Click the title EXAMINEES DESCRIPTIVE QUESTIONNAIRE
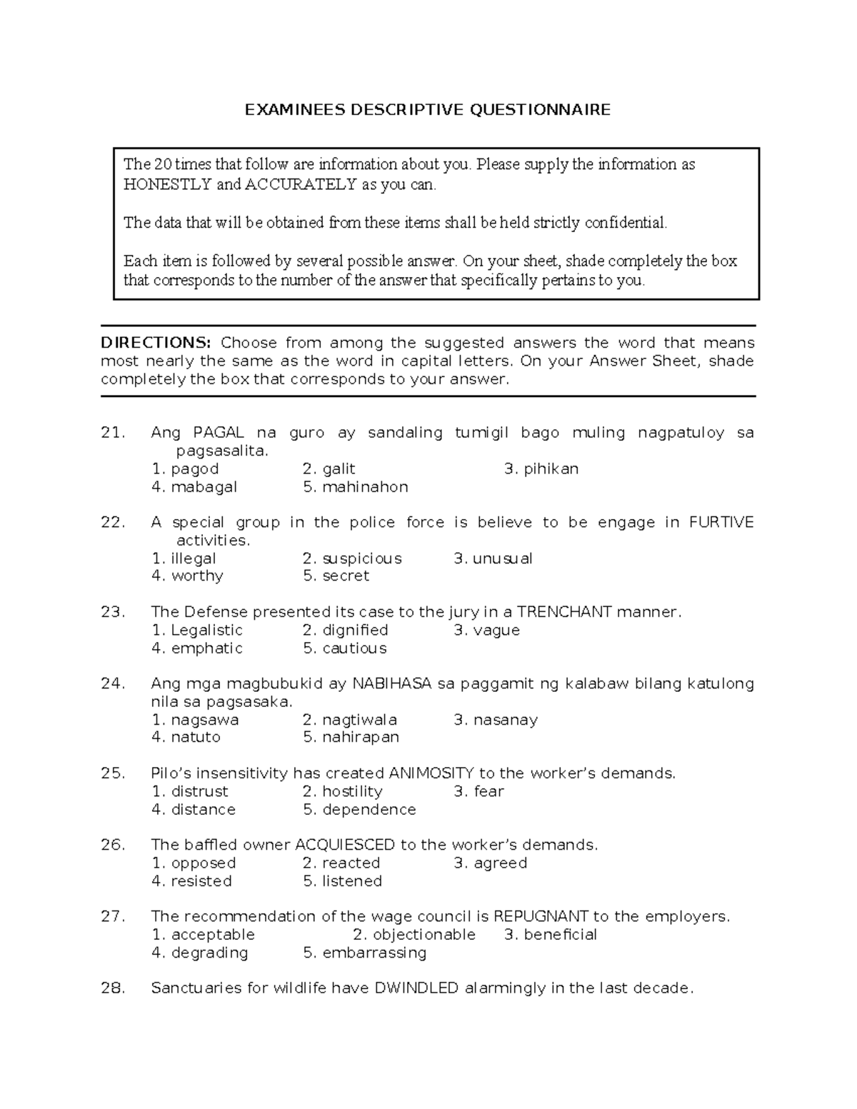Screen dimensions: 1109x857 (x=428, y=109)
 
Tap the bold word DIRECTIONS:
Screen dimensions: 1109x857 (x=156, y=343)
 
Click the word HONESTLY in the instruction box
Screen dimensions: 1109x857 (x=167, y=184)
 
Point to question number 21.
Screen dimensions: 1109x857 (x=113, y=433)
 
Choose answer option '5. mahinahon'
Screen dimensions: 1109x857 (x=355, y=487)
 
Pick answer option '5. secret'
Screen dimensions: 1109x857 (x=336, y=576)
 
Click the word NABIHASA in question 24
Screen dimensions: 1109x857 (x=391, y=684)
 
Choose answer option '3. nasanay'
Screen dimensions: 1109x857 (x=496, y=720)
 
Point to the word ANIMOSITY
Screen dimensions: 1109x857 (x=431, y=773)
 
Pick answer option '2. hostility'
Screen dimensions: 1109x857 (x=342, y=791)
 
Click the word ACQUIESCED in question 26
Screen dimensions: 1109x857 (x=345, y=845)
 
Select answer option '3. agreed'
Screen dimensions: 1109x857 (x=490, y=863)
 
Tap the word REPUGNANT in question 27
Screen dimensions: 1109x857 (x=541, y=916)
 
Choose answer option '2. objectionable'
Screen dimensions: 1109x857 (x=414, y=935)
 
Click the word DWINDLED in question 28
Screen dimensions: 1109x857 (x=416, y=988)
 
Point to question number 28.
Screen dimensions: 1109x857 (x=113, y=988)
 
